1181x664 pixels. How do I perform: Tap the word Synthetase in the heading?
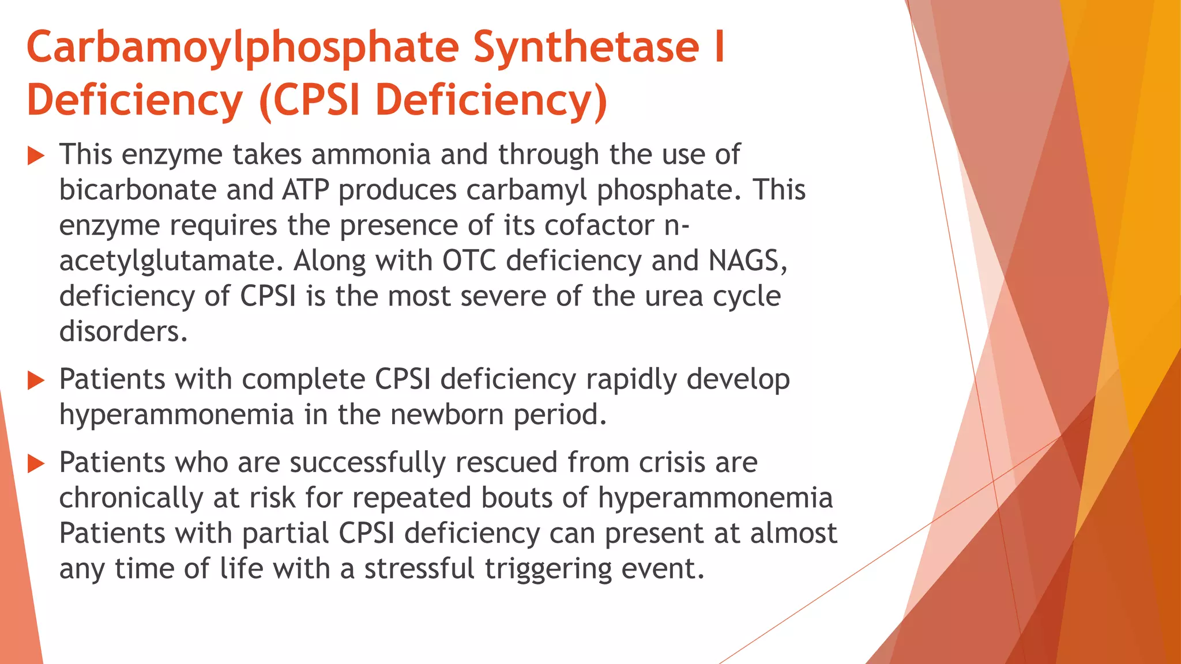click(586, 47)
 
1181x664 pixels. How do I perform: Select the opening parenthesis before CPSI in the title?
click(265, 101)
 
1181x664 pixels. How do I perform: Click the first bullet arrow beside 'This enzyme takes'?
click(36, 156)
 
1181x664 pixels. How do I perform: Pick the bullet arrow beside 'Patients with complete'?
click(36, 380)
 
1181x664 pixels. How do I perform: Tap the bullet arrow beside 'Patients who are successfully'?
click(36, 463)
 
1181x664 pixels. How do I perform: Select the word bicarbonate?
click(137, 190)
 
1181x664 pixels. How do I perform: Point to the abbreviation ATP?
click(305, 190)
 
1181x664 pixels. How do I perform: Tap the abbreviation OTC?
click(469, 261)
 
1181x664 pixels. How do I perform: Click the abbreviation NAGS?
click(747, 261)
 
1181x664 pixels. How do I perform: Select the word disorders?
click(123, 332)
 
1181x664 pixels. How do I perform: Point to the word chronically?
click(131, 499)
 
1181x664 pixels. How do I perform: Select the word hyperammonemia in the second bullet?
click(176, 415)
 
